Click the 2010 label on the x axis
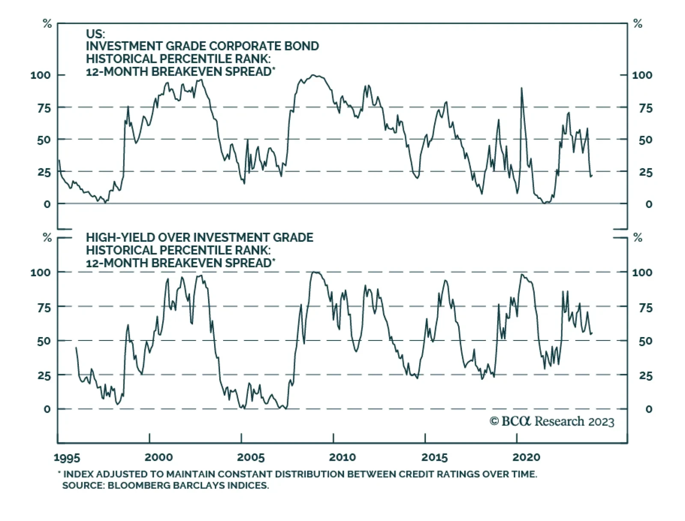tap(342, 457)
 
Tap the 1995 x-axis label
tap(67, 458)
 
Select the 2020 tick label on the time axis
tap(526, 457)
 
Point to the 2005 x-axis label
tap(250, 457)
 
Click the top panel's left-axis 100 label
tap(40, 75)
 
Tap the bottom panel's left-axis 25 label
tap(44, 376)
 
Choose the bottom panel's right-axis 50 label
tap(645, 341)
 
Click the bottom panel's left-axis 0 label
tap(47, 409)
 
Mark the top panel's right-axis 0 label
tap(649, 204)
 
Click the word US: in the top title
tap(95, 34)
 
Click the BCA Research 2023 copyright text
tap(552, 422)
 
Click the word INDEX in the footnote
tap(79, 474)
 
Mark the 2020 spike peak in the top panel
tap(521, 88)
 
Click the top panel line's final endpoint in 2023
tap(592, 175)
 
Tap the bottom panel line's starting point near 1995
tap(76, 348)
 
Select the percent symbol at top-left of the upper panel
tap(47, 24)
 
